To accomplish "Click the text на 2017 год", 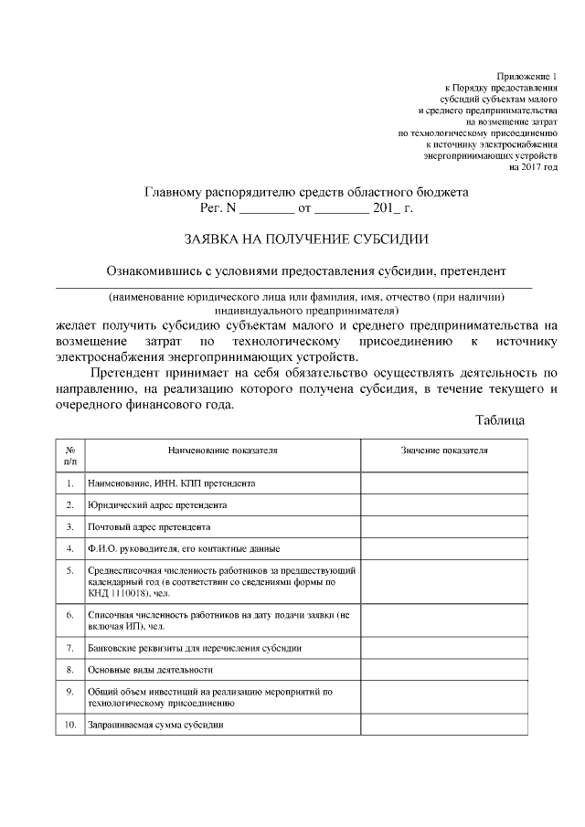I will pyautogui.click(x=533, y=167).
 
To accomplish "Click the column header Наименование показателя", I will pyautogui.click(x=222, y=451).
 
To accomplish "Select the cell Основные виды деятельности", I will pyautogui.click(x=144, y=670).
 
